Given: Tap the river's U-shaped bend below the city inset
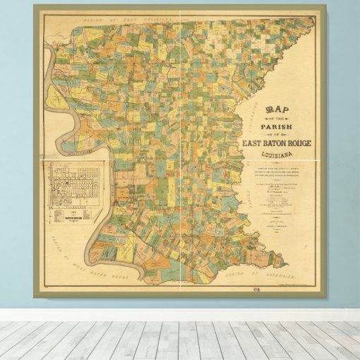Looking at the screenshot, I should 134,272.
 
